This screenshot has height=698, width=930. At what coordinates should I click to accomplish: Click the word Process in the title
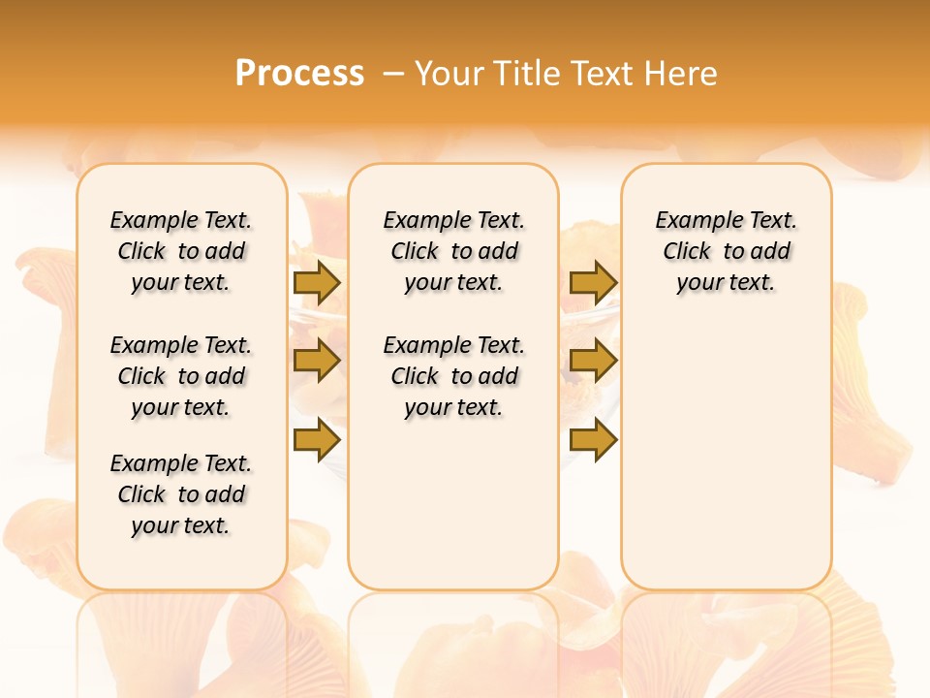pyautogui.click(x=299, y=73)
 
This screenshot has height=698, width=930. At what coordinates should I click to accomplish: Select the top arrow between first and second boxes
pyautogui.click(x=317, y=282)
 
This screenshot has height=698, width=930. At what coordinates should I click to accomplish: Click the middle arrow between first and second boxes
pyautogui.click(x=317, y=361)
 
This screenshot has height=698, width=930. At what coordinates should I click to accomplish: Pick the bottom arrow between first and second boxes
pyautogui.click(x=317, y=439)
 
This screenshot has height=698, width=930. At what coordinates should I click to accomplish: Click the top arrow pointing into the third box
pyautogui.click(x=593, y=282)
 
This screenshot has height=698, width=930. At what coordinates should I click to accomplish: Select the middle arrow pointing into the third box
pyautogui.click(x=593, y=361)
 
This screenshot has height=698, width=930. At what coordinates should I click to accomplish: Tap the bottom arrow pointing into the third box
pyautogui.click(x=593, y=439)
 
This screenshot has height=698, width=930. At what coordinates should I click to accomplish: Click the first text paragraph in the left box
pyautogui.click(x=181, y=251)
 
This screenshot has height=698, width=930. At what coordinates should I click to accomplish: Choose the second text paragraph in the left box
pyautogui.click(x=181, y=376)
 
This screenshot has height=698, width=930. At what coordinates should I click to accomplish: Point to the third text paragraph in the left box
pyautogui.click(x=181, y=494)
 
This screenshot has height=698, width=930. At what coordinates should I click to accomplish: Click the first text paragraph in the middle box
pyautogui.click(x=453, y=251)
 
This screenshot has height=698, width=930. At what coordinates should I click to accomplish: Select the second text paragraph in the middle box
pyautogui.click(x=453, y=376)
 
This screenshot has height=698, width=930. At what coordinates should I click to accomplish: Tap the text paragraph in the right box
pyautogui.click(x=726, y=251)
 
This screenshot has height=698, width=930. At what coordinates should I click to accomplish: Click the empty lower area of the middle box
pyautogui.click(x=453, y=504)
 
